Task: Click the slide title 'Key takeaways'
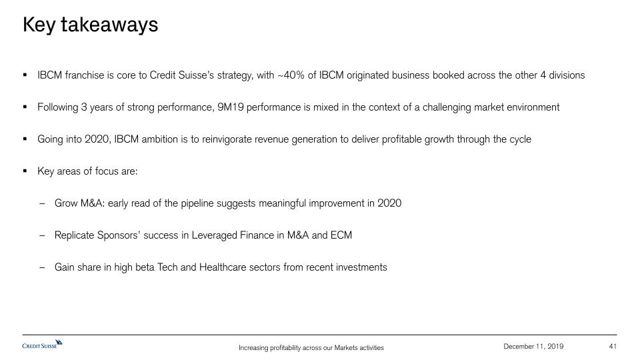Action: coord(90,25)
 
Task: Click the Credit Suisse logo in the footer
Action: coord(43,344)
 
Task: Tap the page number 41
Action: coord(612,346)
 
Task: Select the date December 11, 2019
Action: coord(533,346)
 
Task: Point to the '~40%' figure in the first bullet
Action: coord(291,75)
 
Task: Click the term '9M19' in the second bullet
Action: coord(230,107)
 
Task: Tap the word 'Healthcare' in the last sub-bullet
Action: coord(223,267)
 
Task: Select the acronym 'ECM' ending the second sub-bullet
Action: coord(341,235)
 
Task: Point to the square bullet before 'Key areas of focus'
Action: coord(25,171)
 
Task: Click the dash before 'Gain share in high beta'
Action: coord(42,268)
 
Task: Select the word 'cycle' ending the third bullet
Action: coord(521,139)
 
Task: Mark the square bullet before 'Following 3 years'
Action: coord(25,107)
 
